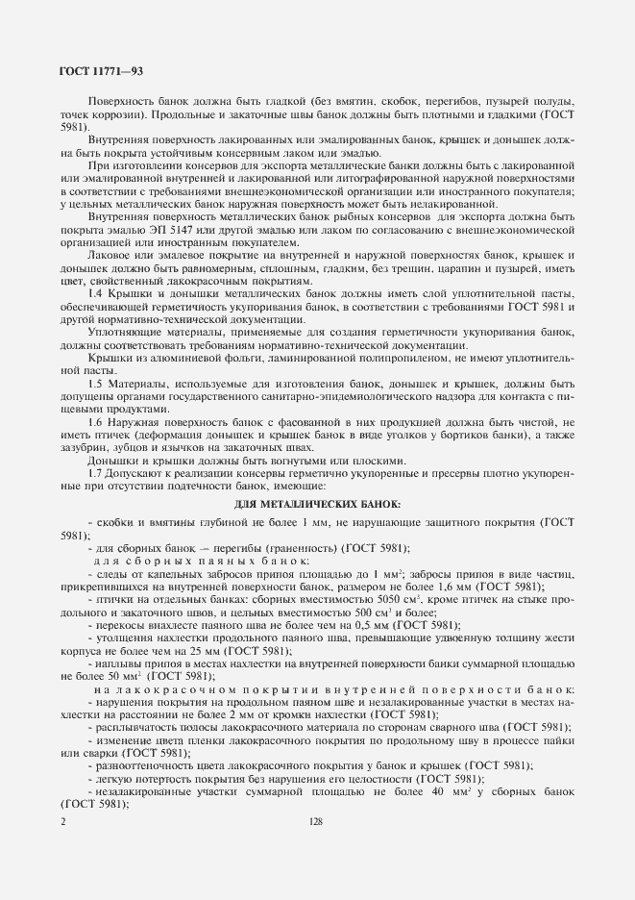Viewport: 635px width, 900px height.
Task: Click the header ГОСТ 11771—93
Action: (x=101, y=70)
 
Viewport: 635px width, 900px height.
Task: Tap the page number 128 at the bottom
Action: (x=316, y=821)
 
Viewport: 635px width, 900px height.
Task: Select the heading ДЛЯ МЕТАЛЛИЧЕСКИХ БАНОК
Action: (x=317, y=505)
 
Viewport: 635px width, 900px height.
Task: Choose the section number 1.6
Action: (x=95, y=422)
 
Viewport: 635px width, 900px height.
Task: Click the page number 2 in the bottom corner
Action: (x=63, y=821)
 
